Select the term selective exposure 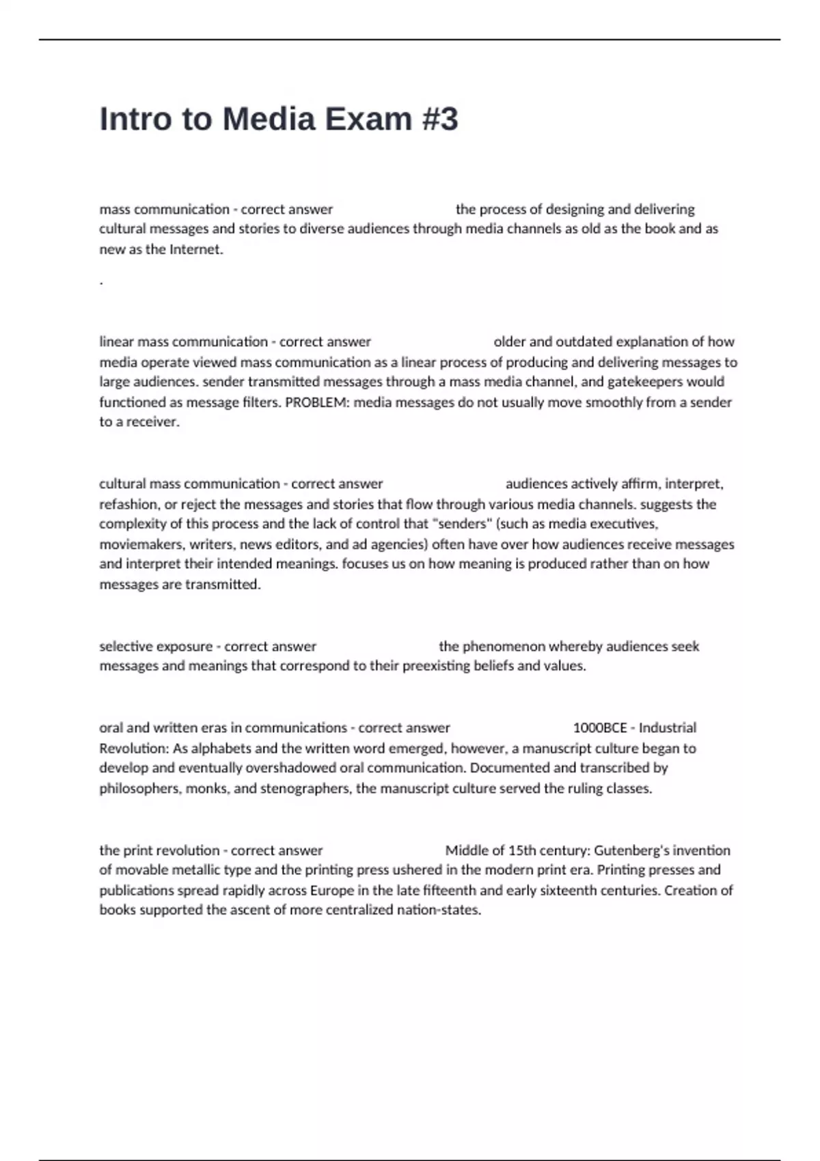[156, 646]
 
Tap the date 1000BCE [600, 727]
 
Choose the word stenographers [305, 788]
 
